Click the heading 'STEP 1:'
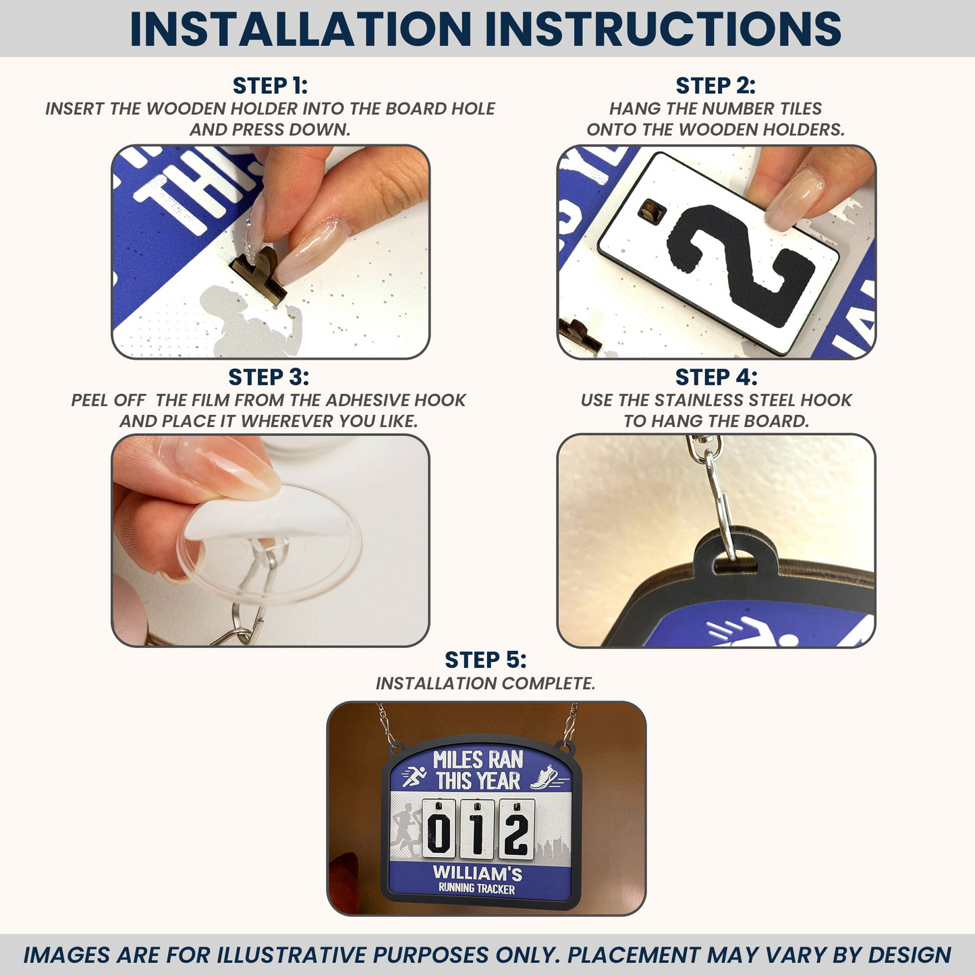pos(270,86)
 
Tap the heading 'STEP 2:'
pos(715,86)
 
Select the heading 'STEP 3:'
pos(269,377)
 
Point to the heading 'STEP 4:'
pos(715,377)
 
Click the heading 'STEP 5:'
pos(485,659)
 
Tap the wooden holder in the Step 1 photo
pos(259,273)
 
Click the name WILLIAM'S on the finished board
pos(477,873)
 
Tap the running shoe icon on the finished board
pos(544,777)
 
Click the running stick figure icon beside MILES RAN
pos(414,777)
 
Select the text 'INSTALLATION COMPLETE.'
pos(485,684)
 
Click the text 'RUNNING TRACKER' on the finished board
pos(476,889)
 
